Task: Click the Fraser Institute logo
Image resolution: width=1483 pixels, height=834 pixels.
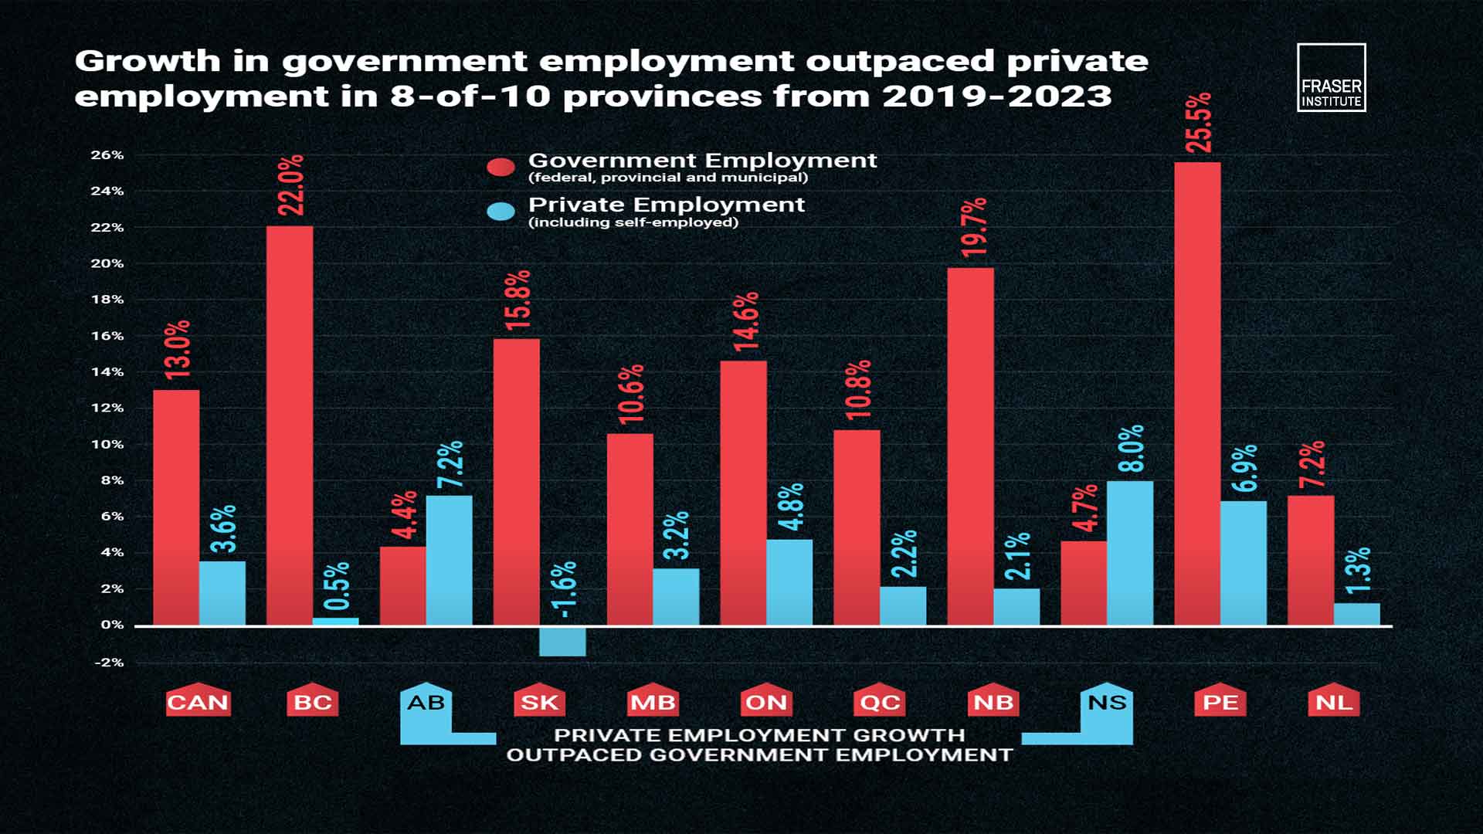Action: click(x=1331, y=77)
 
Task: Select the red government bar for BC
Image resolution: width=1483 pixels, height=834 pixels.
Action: click(x=290, y=425)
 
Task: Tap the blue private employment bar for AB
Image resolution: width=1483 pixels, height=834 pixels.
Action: click(x=449, y=560)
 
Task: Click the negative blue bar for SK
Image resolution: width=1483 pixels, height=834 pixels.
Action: click(x=562, y=642)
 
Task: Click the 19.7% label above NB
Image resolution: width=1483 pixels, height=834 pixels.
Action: click(x=974, y=226)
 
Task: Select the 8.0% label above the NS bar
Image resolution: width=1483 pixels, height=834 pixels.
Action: click(x=1131, y=449)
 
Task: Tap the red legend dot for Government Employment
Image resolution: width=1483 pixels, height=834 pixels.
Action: click(x=501, y=167)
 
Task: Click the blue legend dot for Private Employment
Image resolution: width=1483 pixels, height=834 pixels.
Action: click(x=501, y=211)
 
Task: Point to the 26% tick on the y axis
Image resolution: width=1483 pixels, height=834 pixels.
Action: click(x=107, y=155)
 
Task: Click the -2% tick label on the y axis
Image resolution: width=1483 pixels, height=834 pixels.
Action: click(x=108, y=663)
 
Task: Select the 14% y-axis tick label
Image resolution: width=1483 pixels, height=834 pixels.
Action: click(x=107, y=372)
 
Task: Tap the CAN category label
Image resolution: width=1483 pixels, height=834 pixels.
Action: click(x=198, y=703)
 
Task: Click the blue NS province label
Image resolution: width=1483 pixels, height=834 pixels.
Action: click(x=1107, y=703)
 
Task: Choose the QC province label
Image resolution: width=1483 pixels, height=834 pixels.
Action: click(x=880, y=703)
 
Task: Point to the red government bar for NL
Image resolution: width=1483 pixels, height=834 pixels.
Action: click(x=1311, y=560)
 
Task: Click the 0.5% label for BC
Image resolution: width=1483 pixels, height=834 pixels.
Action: click(x=337, y=586)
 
